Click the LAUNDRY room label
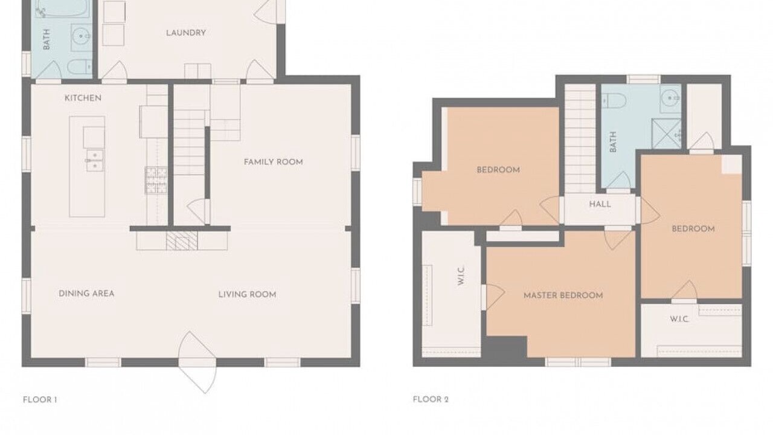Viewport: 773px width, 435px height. (x=185, y=33)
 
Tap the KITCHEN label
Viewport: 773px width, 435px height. (x=83, y=98)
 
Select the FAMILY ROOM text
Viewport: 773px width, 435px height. (x=274, y=162)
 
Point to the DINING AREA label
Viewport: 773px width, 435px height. (x=86, y=294)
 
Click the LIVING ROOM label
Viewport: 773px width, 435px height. (x=248, y=294)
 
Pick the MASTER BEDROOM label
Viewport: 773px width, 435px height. (x=563, y=295)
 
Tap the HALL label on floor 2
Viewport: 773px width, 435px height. (x=600, y=204)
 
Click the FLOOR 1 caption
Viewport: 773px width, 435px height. (x=40, y=400)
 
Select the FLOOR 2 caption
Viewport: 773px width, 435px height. (x=431, y=400)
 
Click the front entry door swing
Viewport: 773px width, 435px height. (x=197, y=362)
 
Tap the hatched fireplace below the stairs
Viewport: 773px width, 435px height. (x=182, y=240)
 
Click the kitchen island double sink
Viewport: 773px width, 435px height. (x=95, y=160)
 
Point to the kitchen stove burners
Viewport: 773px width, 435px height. (x=156, y=180)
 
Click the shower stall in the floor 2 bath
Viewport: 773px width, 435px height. (x=666, y=134)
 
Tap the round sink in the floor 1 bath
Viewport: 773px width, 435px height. (x=82, y=36)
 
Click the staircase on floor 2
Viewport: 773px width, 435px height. (x=580, y=138)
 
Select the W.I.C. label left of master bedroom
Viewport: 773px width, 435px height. (x=461, y=276)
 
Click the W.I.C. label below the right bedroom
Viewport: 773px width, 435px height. (x=679, y=319)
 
